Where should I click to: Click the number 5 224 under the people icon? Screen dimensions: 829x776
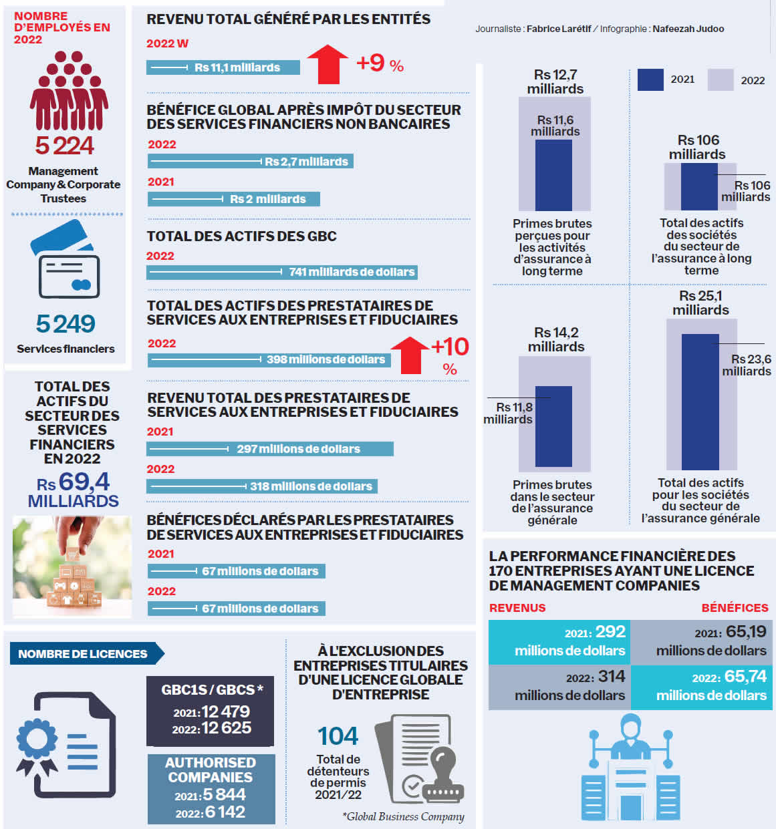pyautogui.click(x=65, y=146)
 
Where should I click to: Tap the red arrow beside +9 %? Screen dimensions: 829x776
pyautogui.click(x=328, y=65)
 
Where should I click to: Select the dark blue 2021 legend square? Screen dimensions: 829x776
pyautogui.click(x=650, y=79)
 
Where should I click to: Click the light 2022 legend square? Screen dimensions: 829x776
pyautogui.click(x=720, y=80)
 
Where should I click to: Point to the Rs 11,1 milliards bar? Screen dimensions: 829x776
pyautogui.click(x=223, y=67)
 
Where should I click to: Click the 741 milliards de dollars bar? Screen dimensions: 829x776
pyautogui.click(x=282, y=272)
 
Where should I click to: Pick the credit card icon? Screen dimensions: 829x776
pyautogui.click(x=66, y=260)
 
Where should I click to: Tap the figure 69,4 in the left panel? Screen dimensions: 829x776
pyautogui.click(x=84, y=482)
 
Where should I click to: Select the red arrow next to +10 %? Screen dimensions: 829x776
pyautogui.click(x=409, y=355)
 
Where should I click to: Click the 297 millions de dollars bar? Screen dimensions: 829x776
pyautogui.click(x=269, y=449)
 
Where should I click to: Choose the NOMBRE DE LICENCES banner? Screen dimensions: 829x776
pyautogui.click(x=84, y=654)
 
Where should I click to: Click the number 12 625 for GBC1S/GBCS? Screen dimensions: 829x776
pyautogui.click(x=226, y=728)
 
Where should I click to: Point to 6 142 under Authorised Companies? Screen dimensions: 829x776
pyautogui.click(x=225, y=812)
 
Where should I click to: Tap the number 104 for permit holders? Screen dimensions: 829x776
pyautogui.click(x=338, y=736)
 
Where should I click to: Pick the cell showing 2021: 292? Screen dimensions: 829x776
pyautogui.click(x=559, y=641)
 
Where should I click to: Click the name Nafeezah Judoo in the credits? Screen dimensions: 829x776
pyautogui.click(x=688, y=29)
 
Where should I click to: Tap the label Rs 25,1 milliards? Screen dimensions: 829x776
pyautogui.click(x=700, y=303)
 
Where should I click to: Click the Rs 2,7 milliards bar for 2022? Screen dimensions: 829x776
pyautogui.click(x=250, y=162)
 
